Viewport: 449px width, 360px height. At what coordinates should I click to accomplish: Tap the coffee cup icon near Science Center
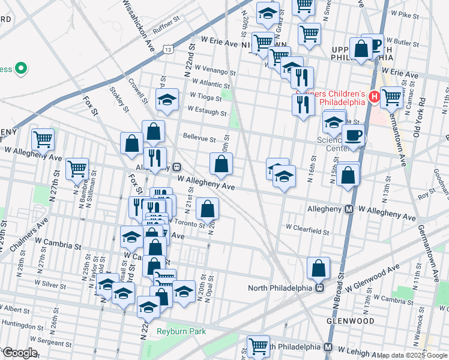click(x=353, y=135)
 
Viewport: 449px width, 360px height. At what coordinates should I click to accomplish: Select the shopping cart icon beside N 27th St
click(x=77, y=169)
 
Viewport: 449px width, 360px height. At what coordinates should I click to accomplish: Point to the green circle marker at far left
click(x=22, y=68)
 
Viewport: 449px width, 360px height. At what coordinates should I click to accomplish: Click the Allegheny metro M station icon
click(x=349, y=209)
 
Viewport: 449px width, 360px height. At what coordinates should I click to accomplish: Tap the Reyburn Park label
click(x=181, y=331)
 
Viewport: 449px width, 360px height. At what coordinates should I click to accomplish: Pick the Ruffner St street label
click(x=166, y=25)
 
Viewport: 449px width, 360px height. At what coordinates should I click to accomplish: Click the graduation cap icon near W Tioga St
click(x=167, y=99)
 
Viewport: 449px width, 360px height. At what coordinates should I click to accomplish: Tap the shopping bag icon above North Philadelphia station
click(x=319, y=268)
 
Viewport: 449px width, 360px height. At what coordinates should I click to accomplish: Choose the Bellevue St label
click(x=199, y=139)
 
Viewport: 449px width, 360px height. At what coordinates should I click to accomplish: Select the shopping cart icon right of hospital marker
click(x=391, y=96)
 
